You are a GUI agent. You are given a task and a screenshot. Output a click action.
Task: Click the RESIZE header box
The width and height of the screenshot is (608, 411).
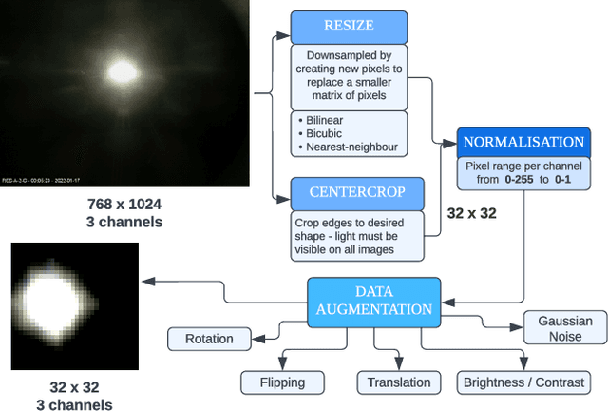point(350,26)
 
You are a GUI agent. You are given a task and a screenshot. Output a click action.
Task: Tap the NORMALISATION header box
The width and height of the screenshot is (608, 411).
point(522,143)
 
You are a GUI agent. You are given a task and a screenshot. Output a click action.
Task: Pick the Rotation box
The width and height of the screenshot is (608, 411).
point(209,338)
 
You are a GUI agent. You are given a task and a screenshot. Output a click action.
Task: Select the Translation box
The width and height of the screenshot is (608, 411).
point(399,382)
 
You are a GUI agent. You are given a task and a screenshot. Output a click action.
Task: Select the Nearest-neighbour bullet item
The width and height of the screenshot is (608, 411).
point(350,147)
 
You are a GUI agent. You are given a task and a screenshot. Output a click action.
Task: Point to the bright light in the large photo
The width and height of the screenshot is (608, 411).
point(122,70)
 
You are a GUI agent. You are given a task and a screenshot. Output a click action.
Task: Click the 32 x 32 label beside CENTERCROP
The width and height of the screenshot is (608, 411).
point(471,213)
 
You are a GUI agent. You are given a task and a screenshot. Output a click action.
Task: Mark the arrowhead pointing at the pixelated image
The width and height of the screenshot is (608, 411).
point(145,281)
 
